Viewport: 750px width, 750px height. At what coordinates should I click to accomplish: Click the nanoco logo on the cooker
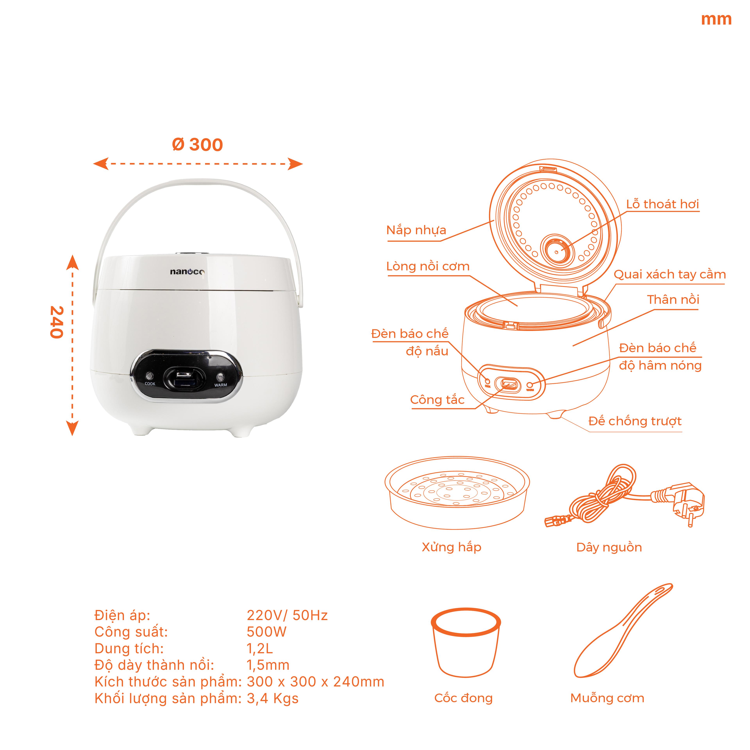tap(187, 272)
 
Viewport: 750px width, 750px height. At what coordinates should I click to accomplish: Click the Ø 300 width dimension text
tap(197, 145)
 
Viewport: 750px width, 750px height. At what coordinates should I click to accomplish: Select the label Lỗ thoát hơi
tap(662, 204)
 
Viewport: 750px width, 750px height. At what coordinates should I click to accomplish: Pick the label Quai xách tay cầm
tap(669, 274)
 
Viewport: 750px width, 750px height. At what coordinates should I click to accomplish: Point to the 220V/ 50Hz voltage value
tap(287, 615)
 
